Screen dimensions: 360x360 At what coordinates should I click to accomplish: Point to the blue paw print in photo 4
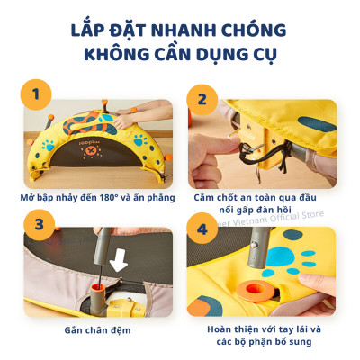click(x=286, y=256)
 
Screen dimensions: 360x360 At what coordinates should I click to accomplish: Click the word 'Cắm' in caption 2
click(x=204, y=194)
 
